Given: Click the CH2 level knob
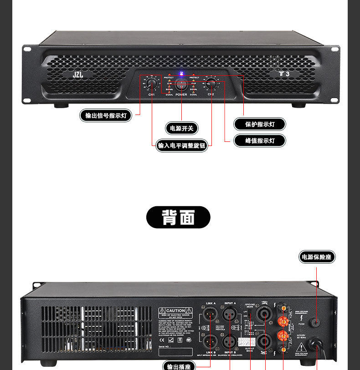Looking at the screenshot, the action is [x=211, y=84].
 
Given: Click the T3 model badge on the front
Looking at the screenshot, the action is [x=284, y=73].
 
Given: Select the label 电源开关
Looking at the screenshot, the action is [x=182, y=128].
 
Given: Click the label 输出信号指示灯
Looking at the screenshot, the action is [x=106, y=115].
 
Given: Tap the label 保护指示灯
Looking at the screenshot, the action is [x=260, y=124].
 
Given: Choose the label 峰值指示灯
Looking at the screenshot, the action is [x=260, y=141].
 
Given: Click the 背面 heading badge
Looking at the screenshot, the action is [x=178, y=217].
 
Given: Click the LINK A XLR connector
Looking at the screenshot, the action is [x=211, y=316].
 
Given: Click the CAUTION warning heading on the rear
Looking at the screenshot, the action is [x=175, y=311].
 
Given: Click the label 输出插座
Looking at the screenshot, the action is [x=180, y=366].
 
